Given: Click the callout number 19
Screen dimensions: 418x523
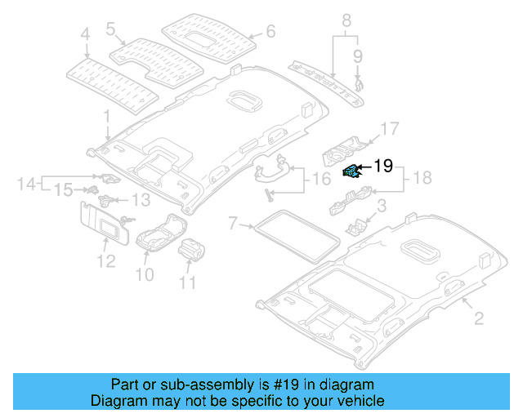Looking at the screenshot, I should pos(383,167).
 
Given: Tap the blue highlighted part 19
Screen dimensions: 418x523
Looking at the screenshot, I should pos(350,170).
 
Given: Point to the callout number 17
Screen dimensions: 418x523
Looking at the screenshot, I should pos(389,128).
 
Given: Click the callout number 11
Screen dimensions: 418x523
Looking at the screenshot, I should pos(188,283).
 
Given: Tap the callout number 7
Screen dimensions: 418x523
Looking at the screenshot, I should pos(232,222).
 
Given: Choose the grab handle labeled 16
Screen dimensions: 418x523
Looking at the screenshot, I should pos(270,170).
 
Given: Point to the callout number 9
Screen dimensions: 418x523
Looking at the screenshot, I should pos(357,56).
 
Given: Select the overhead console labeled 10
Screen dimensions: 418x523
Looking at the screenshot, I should pos(158,236).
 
